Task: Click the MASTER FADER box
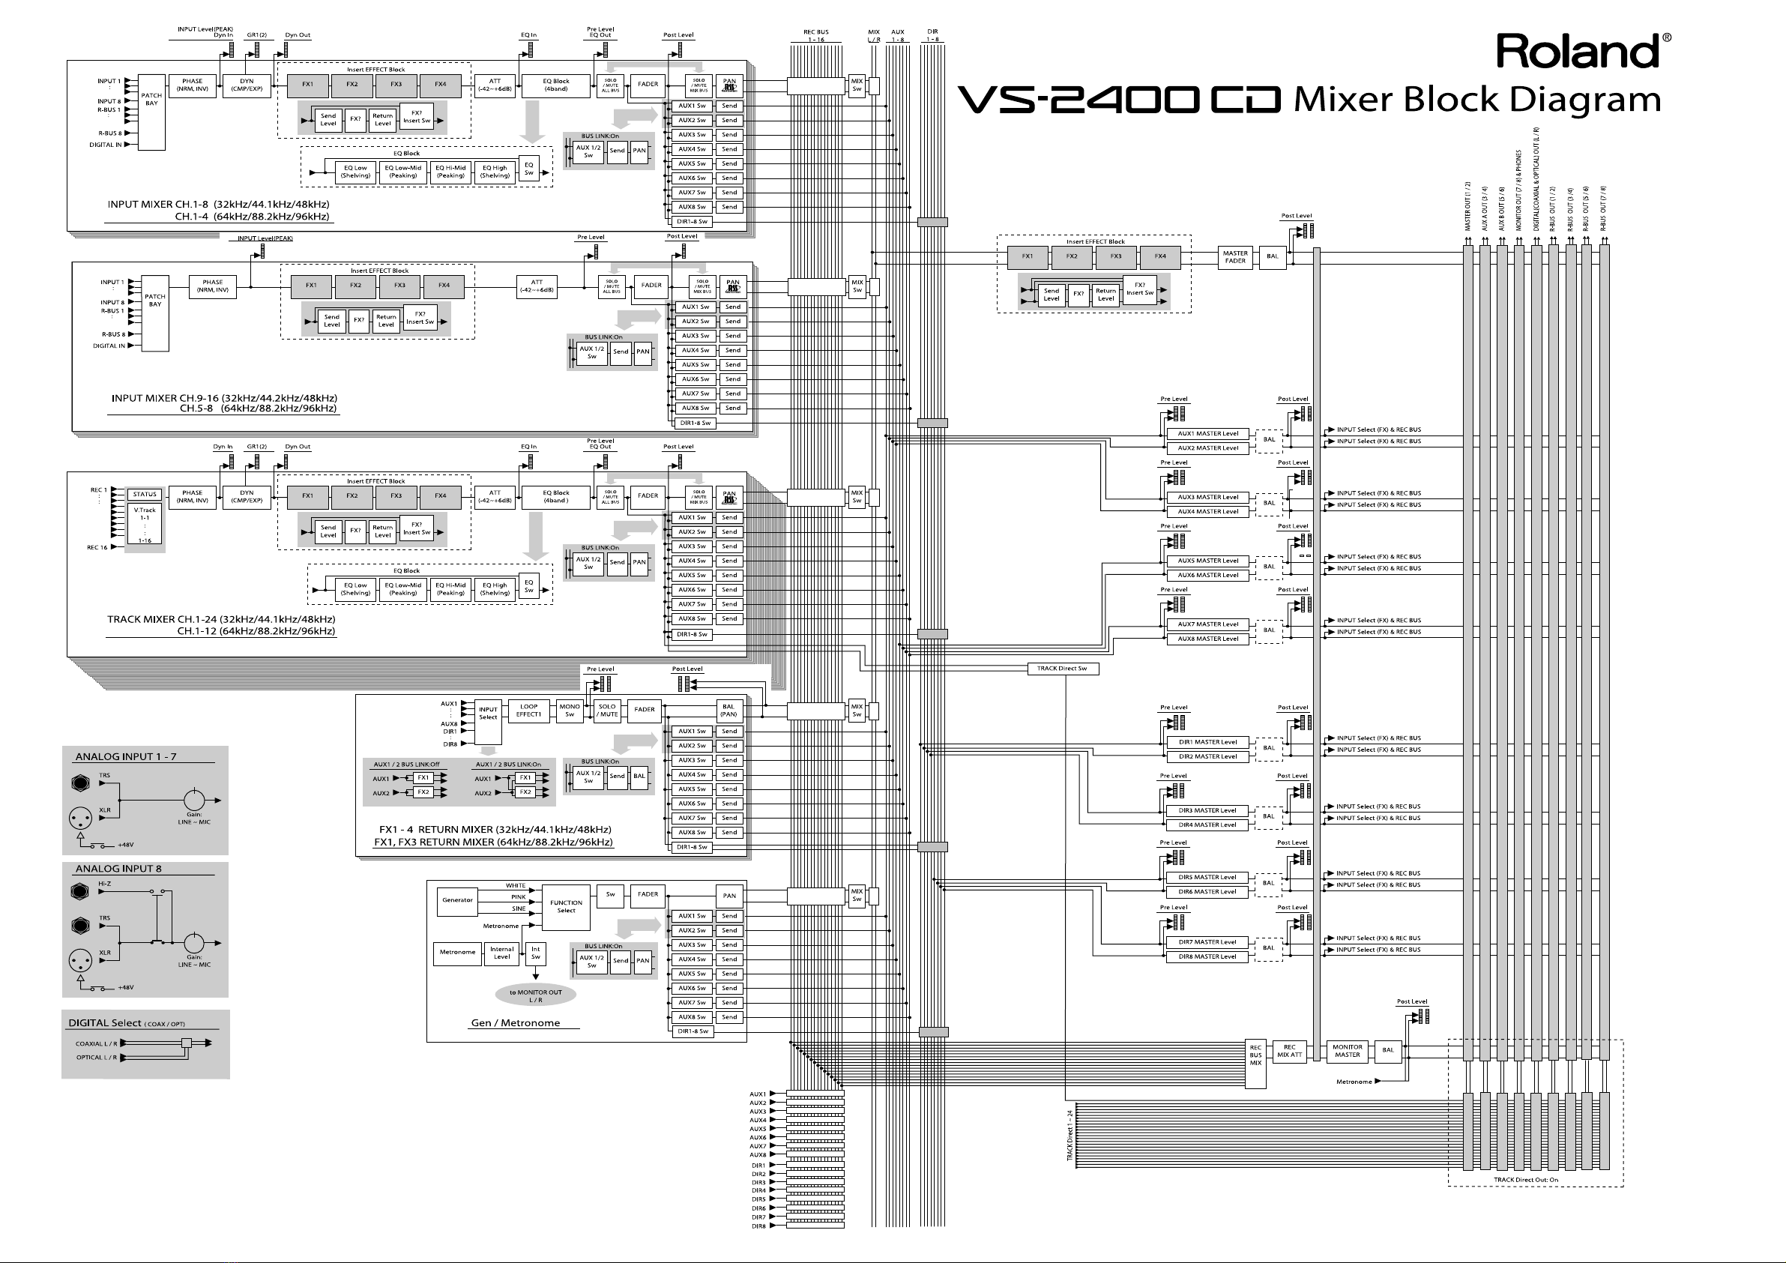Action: coord(1234,257)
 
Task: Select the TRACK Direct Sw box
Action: coord(1062,669)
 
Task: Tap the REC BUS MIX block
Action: coord(1255,1055)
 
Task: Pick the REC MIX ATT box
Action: coord(1290,1052)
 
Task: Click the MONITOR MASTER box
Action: coord(1348,1051)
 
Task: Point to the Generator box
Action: coord(457,900)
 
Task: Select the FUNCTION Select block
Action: coord(566,907)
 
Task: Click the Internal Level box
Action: coord(501,953)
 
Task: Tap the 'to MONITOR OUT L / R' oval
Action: coord(535,995)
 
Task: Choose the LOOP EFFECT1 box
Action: coord(528,711)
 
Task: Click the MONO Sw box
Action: coord(570,711)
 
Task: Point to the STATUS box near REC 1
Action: coord(145,494)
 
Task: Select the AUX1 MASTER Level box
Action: coord(1207,433)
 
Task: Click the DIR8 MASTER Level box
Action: coord(1207,956)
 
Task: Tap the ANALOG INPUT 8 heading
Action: coord(118,869)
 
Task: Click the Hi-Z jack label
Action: coord(105,884)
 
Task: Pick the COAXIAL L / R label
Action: coord(97,1043)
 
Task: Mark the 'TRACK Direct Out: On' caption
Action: coord(1525,1180)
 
